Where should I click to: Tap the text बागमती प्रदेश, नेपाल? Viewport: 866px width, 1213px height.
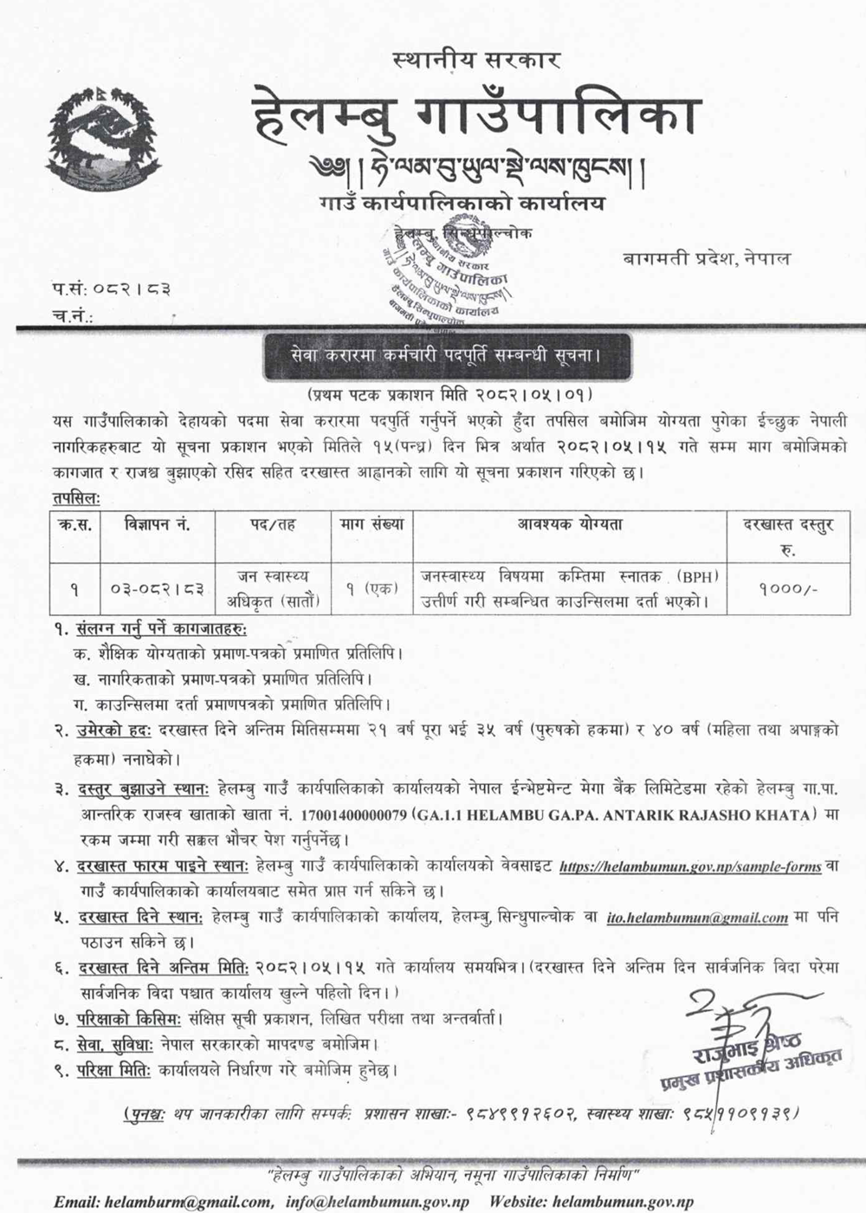[706, 259]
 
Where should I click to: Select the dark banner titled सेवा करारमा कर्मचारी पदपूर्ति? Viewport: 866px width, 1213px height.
[434, 356]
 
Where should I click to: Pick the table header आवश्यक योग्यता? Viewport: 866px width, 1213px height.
[570, 524]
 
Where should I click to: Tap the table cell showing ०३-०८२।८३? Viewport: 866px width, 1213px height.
[157, 589]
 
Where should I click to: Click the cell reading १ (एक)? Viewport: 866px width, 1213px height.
[372, 589]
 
